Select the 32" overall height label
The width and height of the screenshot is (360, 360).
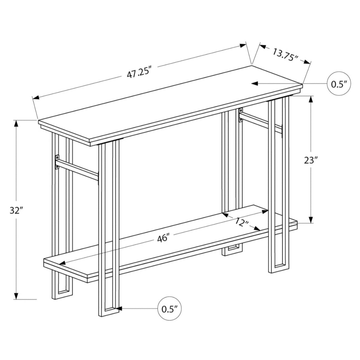click(x=16, y=210)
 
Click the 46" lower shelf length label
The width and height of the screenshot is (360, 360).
click(x=163, y=239)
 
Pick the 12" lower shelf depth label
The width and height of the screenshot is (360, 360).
click(x=242, y=223)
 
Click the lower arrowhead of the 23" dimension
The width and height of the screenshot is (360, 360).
click(x=311, y=220)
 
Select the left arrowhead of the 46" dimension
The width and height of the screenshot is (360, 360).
click(x=63, y=263)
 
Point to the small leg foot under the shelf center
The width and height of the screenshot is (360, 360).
click(x=231, y=251)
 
